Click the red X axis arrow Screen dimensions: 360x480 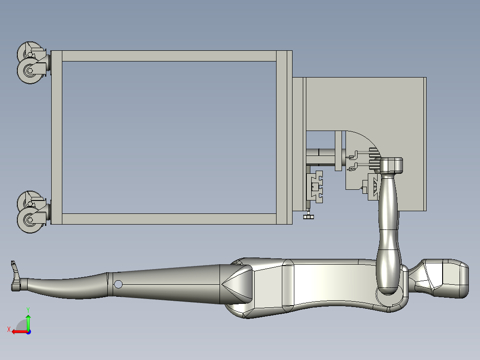point(18,331)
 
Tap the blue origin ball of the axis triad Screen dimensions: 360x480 point(28,331)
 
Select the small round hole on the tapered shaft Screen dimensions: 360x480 point(118,284)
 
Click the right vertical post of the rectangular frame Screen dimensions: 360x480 point(281,137)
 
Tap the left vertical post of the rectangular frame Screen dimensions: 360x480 point(56,137)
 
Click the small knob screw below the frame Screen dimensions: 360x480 point(308,217)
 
